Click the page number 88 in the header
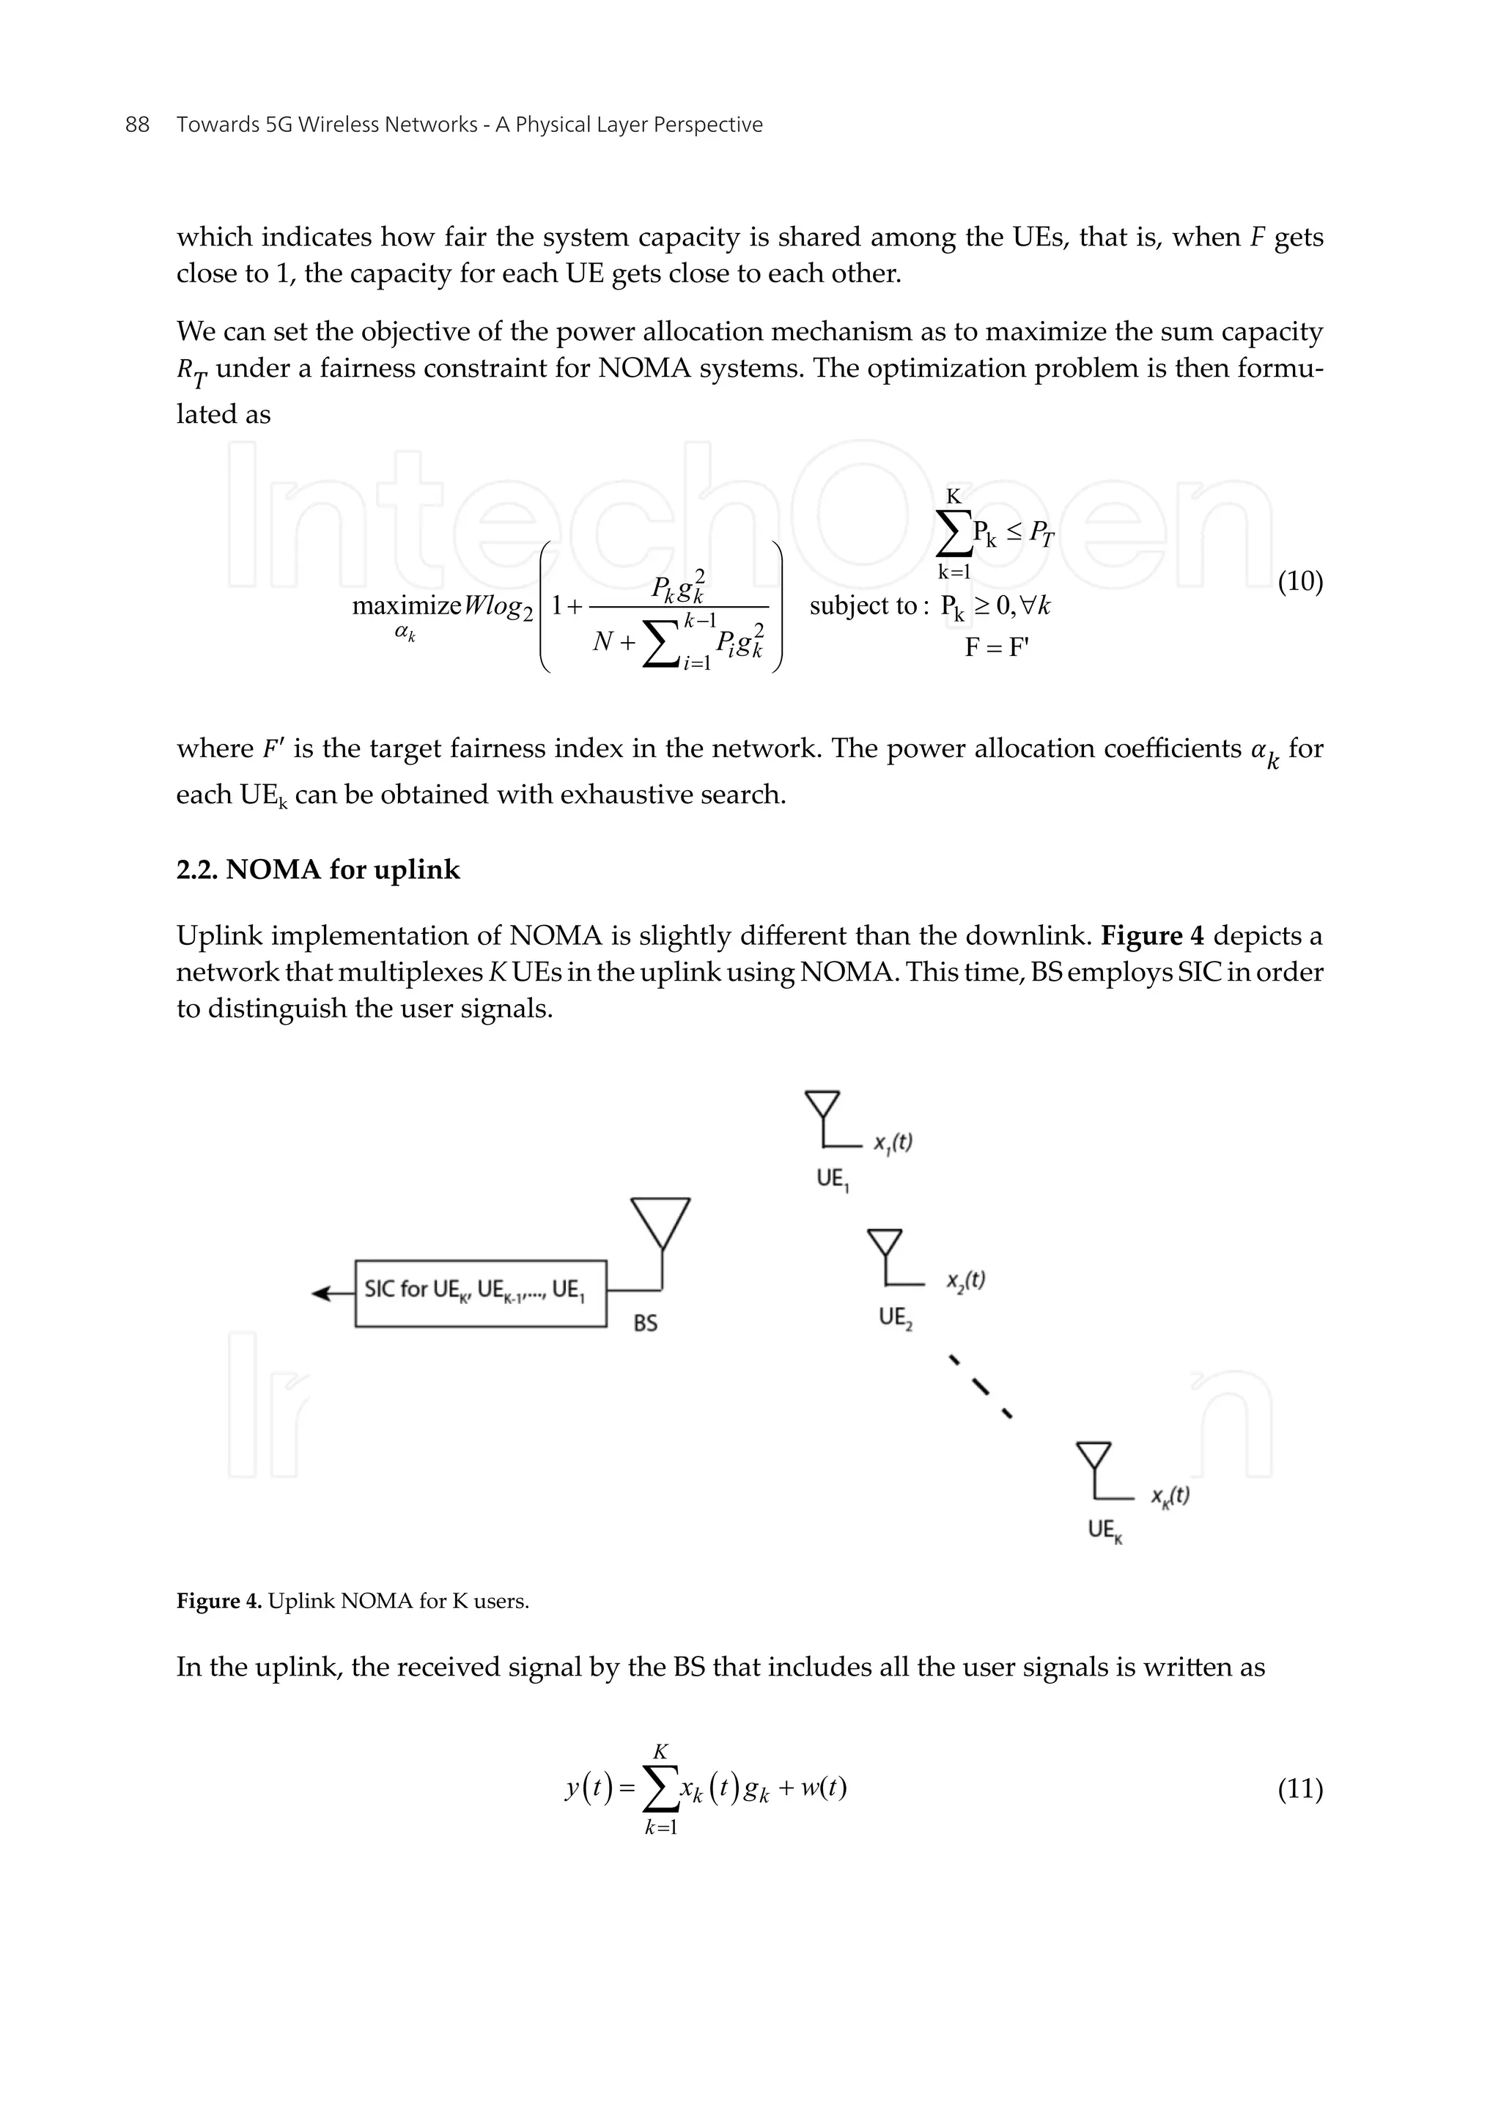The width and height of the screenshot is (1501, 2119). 137,125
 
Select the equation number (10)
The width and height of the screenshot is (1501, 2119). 1299,581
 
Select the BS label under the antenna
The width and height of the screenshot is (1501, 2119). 645,1322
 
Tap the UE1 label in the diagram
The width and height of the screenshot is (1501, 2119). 832,1179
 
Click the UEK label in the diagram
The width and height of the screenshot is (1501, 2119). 1104,1530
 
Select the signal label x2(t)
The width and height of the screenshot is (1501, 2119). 965,1280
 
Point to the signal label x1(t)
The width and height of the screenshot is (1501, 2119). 893,1142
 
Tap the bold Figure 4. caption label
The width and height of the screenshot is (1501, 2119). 219,1602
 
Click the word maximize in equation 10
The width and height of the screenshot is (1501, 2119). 406,605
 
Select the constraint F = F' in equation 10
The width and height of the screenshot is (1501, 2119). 995,647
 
